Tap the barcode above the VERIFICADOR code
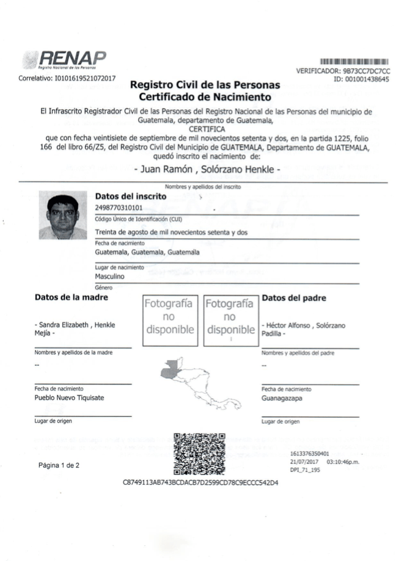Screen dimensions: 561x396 tap(354, 62)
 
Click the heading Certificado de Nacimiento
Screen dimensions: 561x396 tap(205, 96)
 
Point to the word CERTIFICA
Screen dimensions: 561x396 tap(205, 129)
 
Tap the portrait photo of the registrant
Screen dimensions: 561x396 tap(63, 215)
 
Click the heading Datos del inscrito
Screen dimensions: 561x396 tap(131, 197)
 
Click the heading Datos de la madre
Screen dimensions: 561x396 tap(71, 297)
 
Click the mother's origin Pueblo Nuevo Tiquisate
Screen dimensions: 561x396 tap(69, 397)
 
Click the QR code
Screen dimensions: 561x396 tap(200, 454)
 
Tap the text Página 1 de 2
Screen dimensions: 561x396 tap(59, 465)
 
